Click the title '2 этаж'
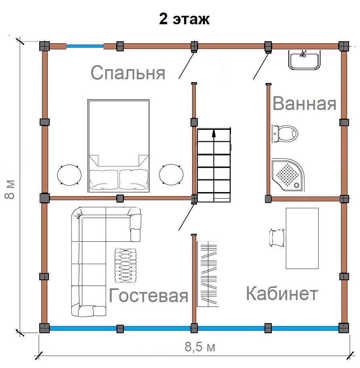click(x=184, y=19)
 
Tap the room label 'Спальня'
click(x=128, y=72)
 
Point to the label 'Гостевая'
click(x=148, y=295)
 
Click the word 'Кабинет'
click(x=282, y=293)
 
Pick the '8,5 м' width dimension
click(x=200, y=347)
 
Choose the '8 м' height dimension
click(x=10, y=190)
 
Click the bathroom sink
click(x=304, y=60)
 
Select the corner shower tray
click(x=288, y=175)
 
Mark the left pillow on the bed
click(x=104, y=179)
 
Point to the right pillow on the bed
click(x=134, y=179)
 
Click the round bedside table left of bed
click(x=69, y=175)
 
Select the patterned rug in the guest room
click(x=125, y=265)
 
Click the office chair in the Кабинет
click(x=277, y=238)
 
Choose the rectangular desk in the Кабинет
click(x=302, y=238)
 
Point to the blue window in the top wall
click(x=85, y=46)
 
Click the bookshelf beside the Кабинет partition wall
click(x=208, y=274)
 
